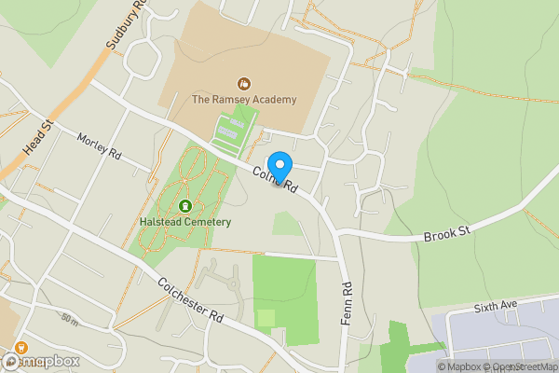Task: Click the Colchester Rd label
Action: pos(191,299)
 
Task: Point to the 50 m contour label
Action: pos(69,319)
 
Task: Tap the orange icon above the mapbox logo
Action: pos(20,347)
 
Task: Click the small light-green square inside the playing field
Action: pos(266,318)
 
